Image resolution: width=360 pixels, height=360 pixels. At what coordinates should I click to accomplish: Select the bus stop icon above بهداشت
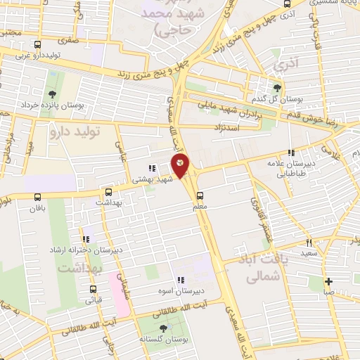click(x=108, y=191)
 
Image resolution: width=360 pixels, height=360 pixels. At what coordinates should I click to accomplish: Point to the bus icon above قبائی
click(x=94, y=289)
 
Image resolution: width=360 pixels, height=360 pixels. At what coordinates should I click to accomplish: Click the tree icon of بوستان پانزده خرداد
click(x=53, y=94)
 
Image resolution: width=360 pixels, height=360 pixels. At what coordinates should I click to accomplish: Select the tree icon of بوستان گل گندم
click(x=277, y=87)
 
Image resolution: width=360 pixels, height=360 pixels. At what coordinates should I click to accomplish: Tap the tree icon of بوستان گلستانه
click(x=163, y=328)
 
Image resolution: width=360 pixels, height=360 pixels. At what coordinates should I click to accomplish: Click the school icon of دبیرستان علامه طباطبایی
click(x=290, y=153)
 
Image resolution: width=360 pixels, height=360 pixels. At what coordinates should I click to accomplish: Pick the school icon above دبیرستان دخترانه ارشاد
click(x=86, y=239)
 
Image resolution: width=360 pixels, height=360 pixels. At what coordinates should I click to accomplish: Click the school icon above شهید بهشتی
click(x=151, y=167)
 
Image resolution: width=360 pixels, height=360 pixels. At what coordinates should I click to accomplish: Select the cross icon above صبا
click(x=328, y=281)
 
